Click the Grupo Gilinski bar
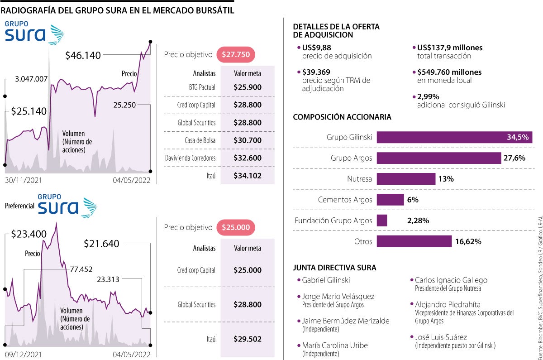coord(454,137)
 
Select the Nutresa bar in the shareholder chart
coord(406,179)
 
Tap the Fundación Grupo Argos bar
coord(382,221)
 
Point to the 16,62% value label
coord(468,241)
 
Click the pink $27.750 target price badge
coord(236,55)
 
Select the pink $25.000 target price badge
coord(236,227)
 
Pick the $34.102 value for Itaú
coord(248,176)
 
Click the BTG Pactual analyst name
coord(202,87)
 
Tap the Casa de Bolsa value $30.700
coord(248,140)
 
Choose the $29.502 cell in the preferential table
coord(248,339)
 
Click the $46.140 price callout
coord(83,56)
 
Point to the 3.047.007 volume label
coord(31,79)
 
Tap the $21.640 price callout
coord(101,244)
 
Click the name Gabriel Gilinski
coord(326,280)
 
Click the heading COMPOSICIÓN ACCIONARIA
coord(342,117)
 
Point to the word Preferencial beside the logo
coord(19,206)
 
